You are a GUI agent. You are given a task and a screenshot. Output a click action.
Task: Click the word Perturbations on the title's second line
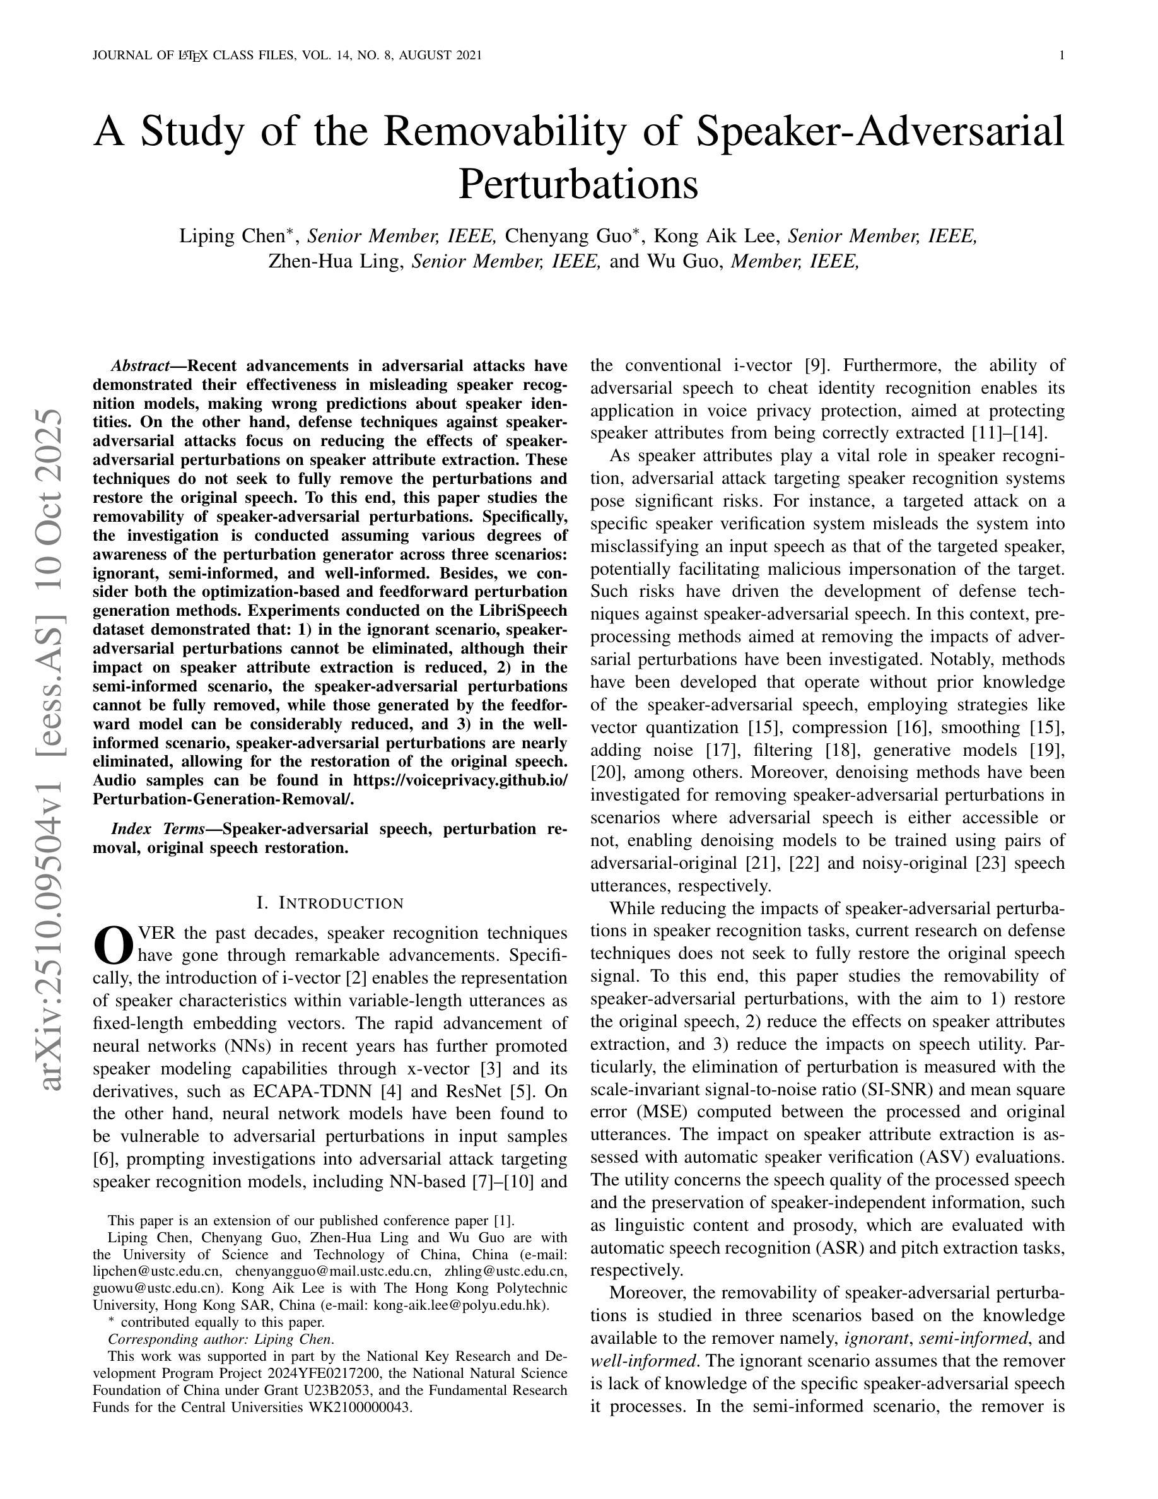(578, 184)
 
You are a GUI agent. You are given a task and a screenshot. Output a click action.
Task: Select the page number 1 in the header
(1062, 56)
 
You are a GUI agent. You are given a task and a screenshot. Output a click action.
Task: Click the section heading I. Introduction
(330, 903)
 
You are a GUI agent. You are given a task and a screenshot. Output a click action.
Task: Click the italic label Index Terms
(158, 828)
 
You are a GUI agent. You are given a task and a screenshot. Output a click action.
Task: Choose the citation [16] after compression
(910, 727)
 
